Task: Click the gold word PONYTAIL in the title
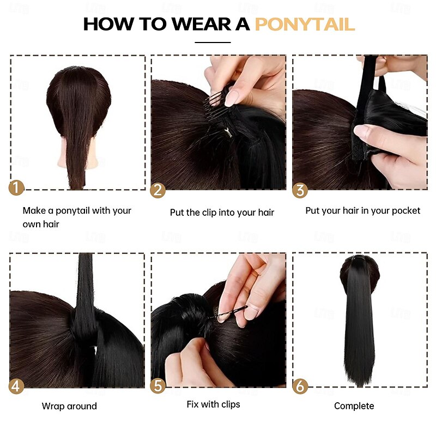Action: (305, 24)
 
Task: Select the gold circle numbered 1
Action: (16, 187)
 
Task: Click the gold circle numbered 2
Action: (158, 190)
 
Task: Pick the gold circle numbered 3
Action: (300, 190)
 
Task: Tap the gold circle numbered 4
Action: (16, 386)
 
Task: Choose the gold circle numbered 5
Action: (158, 386)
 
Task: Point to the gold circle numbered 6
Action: (300, 386)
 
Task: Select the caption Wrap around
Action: (69, 406)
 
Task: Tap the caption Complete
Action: (354, 406)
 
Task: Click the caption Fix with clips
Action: (213, 404)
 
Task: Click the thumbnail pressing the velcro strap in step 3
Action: (361, 131)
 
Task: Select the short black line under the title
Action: (213, 43)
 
